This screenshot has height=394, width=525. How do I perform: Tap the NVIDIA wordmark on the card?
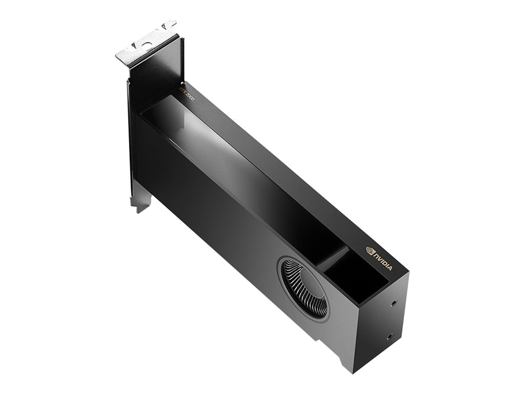click(383, 260)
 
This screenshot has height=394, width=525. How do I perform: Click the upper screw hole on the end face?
click(393, 303)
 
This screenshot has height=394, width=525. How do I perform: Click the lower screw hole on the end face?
click(390, 337)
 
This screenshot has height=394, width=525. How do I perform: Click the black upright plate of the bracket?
click(154, 77)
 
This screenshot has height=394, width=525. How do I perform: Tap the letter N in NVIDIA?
click(376, 254)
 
